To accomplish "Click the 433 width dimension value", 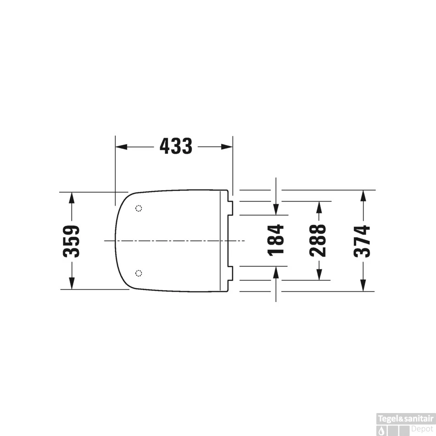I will pyautogui.click(x=176, y=146).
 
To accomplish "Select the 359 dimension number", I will pyautogui.click(x=72, y=241).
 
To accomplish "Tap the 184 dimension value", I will pyautogui.click(x=275, y=240).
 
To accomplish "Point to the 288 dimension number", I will pyautogui.click(x=318, y=240).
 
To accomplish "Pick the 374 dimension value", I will pyautogui.click(x=363, y=240).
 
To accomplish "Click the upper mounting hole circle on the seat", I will pyautogui.click(x=139, y=208).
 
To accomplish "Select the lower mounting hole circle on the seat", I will pyautogui.click(x=139, y=274).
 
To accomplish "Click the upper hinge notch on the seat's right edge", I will pyautogui.click(x=231, y=208).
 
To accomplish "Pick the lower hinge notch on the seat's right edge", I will pyautogui.click(x=231, y=274).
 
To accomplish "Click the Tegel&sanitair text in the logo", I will pyautogui.click(x=405, y=418).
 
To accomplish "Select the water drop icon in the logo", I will pyautogui.click(x=381, y=429).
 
